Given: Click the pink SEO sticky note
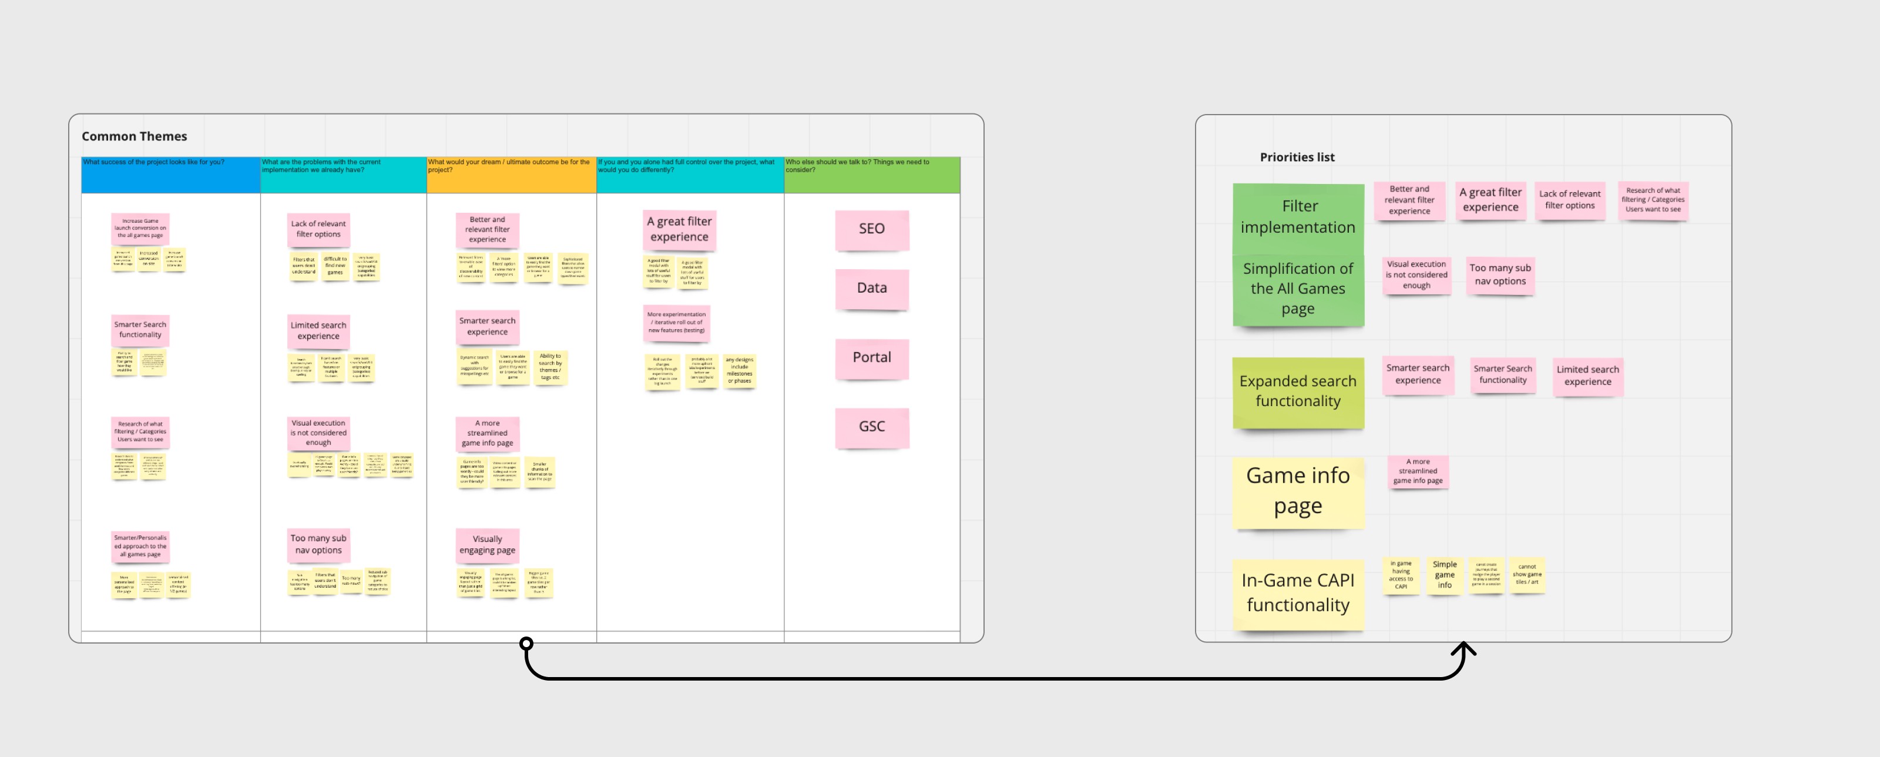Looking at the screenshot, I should [x=871, y=229].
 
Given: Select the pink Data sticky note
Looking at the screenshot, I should [x=871, y=289].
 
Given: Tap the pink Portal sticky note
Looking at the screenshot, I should [x=871, y=358].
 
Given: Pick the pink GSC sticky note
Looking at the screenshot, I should [x=871, y=427].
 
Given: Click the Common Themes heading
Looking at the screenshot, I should [x=135, y=136].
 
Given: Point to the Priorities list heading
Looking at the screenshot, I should [x=1297, y=157].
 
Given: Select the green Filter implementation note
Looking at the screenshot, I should [x=1298, y=216].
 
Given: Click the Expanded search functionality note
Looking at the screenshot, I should [x=1298, y=391].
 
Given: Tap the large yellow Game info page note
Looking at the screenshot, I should [x=1298, y=491].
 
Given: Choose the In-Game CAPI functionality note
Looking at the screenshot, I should [x=1298, y=593].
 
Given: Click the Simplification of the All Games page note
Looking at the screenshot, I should [x=1298, y=289].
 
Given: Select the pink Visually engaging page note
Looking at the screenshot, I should [x=487, y=545].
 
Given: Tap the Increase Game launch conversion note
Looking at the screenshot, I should [x=140, y=229].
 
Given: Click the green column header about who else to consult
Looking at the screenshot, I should [x=871, y=175].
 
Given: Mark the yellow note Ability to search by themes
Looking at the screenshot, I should [x=550, y=367].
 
